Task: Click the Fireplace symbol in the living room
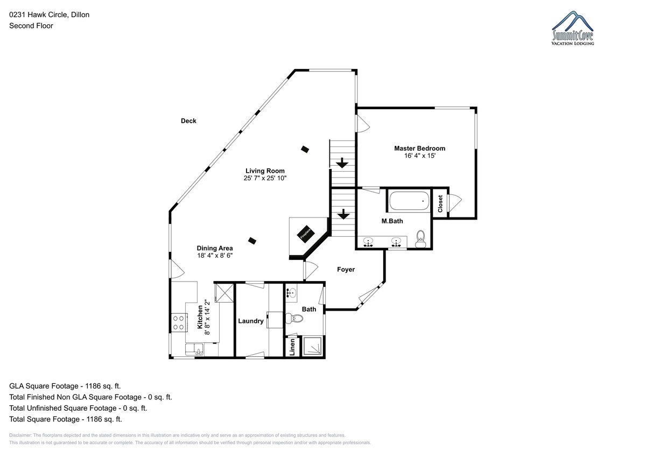pyautogui.click(x=306, y=234)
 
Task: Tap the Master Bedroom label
pyautogui.click(x=419, y=149)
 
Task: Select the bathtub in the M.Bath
pyautogui.click(x=409, y=201)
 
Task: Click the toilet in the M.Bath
pyautogui.click(x=420, y=239)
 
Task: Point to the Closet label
pyautogui.click(x=440, y=203)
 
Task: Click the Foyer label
pyautogui.click(x=346, y=269)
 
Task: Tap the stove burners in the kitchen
pyautogui.click(x=178, y=322)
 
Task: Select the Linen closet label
pyautogui.click(x=292, y=347)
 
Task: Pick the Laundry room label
pyautogui.click(x=251, y=321)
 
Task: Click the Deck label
pyautogui.click(x=188, y=121)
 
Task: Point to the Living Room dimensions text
pyautogui.click(x=265, y=178)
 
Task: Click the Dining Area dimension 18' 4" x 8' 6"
pyautogui.click(x=215, y=256)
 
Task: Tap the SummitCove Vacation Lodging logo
pyautogui.click(x=572, y=28)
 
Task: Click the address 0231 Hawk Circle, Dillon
pyautogui.click(x=50, y=15)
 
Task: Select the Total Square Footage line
pyautogui.click(x=66, y=419)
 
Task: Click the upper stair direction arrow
pyautogui.click(x=342, y=163)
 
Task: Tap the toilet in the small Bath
pyautogui.click(x=294, y=318)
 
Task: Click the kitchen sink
pyautogui.click(x=194, y=349)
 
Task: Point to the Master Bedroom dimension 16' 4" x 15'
pyautogui.click(x=419, y=156)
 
